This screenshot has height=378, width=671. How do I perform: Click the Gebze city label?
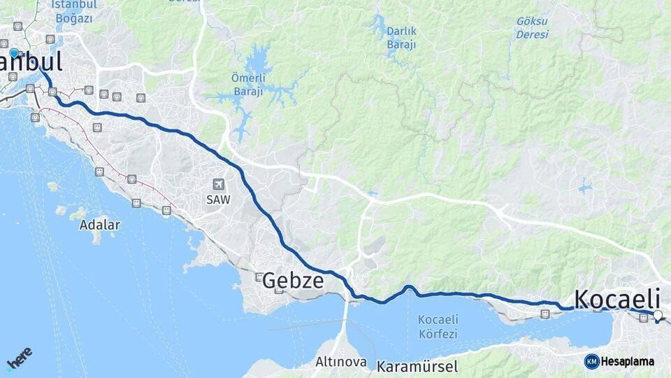click(293, 281)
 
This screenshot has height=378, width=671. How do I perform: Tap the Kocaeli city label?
click(617, 298)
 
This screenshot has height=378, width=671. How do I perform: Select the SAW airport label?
click(218, 199)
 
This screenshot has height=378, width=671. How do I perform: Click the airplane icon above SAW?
click(219, 184)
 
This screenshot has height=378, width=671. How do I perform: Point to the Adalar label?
click(99, 225)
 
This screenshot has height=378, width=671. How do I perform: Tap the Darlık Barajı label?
click(401, 38)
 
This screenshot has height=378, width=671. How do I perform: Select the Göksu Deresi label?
click(532, 27)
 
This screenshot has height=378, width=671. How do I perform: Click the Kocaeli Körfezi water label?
click(438, 327)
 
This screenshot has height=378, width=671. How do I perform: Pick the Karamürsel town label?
click(417, 366)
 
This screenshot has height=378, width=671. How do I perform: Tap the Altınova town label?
click(341, 362)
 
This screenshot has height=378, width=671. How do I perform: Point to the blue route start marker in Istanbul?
click(14, 52)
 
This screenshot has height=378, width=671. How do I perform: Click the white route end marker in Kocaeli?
click(657, 316)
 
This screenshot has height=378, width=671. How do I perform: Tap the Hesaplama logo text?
click(628, 362)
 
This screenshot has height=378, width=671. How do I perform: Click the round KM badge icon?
click(591, 362)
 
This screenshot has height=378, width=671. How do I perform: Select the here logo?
click(19, 358)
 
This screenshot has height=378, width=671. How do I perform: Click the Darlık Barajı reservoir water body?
click(379, 27)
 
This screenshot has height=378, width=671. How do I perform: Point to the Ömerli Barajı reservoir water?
click(259, 59)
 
